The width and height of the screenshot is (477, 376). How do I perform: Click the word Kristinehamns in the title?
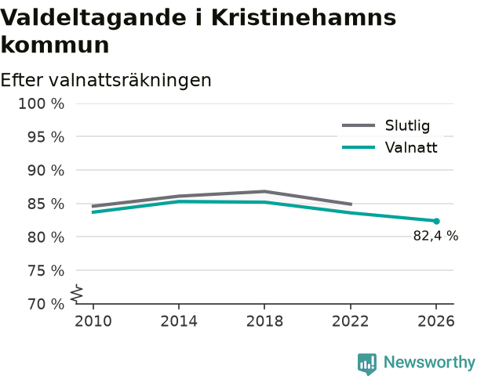click(304, 17)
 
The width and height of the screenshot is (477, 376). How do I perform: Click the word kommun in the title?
click(55, 45)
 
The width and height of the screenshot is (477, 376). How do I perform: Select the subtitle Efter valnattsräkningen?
click(106, 80)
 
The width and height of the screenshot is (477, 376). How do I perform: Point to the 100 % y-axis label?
click(42, 103)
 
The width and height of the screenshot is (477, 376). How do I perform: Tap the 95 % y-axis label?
click(46, 137)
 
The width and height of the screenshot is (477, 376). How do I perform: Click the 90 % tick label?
click(46, 171)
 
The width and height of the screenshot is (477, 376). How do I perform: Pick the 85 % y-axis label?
click(46, 204)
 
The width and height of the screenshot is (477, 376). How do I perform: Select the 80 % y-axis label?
click(46, 237)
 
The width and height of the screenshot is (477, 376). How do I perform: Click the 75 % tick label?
click(46, 270)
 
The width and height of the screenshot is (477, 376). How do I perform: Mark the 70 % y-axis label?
click(46, 304)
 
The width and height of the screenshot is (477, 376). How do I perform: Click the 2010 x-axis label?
click(93, 321)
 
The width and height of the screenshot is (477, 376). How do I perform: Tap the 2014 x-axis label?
click(179, 321)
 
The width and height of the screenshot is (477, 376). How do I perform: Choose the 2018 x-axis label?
click(264, 321)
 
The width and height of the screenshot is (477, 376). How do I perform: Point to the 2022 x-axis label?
click(351, 321)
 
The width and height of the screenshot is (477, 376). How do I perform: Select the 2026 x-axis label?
click(436, 321)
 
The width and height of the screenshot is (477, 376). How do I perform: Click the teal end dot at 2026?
click(436, 221)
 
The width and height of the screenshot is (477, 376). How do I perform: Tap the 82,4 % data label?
click(435, 236)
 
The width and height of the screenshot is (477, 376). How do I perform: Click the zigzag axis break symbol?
click(77, 294)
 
